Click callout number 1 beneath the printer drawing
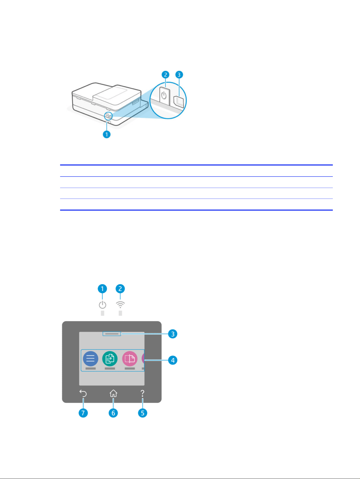coord(107,134)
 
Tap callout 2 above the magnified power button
coord(165,75)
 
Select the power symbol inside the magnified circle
coord(164,95)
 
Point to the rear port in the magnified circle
coord(179,102)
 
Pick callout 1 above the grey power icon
coord(102,289)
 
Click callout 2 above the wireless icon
coord(120,289)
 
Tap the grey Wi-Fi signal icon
coord(120,305)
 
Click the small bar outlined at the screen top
coord(112,334)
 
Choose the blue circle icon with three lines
coord(91,359)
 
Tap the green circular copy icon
coord(110,359)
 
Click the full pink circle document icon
coord(130,359)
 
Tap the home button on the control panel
coord(113,393)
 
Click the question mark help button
coord(142,393)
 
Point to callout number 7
coord(83,413)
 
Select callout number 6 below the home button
coord(113,413)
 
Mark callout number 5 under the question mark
coord(143,413)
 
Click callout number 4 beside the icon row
coord(173,360)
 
